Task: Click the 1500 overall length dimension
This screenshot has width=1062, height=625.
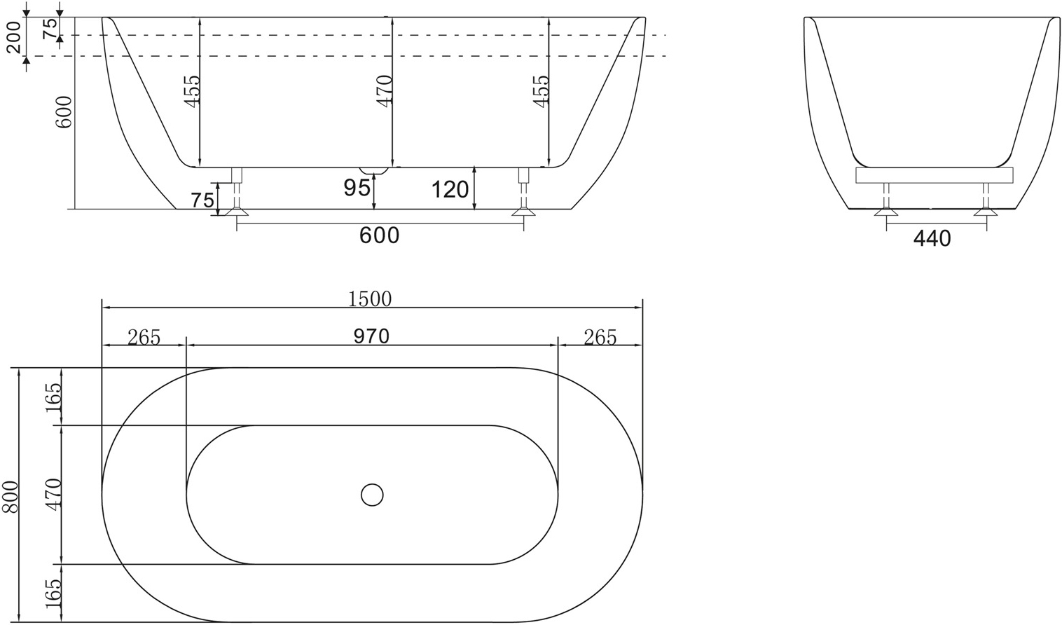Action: point(370,299)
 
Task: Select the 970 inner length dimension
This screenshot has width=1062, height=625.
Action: point(371,336)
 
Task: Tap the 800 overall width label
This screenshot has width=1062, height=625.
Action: point(11,496)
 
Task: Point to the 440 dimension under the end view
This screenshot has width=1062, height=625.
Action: point(932,239)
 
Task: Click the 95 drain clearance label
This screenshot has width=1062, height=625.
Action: point(357,188)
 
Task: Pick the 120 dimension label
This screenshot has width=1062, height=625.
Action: point(450,189)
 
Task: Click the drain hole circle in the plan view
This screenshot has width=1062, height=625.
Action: point(372,495)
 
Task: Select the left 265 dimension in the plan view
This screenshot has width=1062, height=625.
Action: point(144,338)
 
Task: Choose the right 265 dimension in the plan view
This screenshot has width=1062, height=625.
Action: point(600,338)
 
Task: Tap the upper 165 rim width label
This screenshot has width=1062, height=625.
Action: point(54,397)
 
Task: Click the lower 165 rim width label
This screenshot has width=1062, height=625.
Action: point(54,593)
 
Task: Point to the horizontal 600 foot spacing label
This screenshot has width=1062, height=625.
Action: point(379,235)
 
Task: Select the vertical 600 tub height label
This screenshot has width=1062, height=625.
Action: point(64,112)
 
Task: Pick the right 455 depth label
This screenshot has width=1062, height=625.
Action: point(539,90)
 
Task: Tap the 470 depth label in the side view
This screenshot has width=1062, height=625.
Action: point(384,90)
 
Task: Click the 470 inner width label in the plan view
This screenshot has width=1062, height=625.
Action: point(54,493)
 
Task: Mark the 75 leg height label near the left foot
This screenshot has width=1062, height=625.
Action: point(202,200)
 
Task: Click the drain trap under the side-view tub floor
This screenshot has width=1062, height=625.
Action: point(373,171)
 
